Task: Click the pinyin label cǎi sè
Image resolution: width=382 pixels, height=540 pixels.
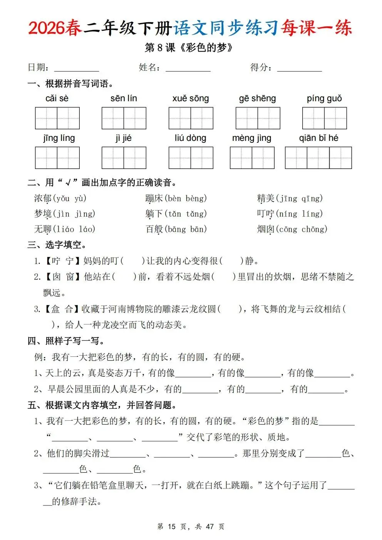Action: tap(57, 99)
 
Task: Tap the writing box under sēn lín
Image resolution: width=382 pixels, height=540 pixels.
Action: tap(124, 118)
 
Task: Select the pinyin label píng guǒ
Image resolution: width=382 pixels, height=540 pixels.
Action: tap(324, 99)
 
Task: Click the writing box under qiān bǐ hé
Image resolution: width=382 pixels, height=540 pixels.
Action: tap(318, 158)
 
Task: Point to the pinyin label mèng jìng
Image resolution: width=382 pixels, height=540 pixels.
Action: tap(251, 138)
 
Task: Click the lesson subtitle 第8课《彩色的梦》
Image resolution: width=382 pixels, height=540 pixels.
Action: tap(189, 48)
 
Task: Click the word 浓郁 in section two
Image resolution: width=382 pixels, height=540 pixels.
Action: tap(43, 199)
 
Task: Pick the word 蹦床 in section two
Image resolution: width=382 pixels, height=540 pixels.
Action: tap(154, 199)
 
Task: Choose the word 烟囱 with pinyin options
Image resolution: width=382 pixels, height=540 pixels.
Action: tap(266, 229)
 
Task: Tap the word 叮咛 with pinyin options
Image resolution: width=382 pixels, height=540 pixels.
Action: tap(266, 214)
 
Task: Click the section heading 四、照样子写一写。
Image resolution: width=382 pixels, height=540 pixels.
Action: tap(66, 341)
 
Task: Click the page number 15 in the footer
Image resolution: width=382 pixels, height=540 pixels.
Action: tap(172, 527)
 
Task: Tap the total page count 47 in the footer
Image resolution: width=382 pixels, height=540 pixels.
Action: tap(210, 527)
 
